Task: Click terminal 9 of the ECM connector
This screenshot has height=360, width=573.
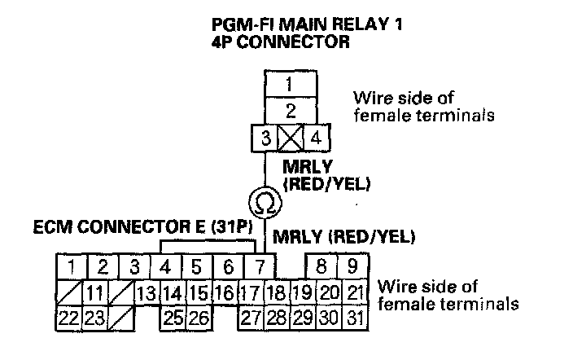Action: point(352,266)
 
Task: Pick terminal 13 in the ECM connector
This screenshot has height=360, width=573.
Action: point(147,292)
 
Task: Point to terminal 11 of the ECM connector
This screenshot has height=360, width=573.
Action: point(95,292)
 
